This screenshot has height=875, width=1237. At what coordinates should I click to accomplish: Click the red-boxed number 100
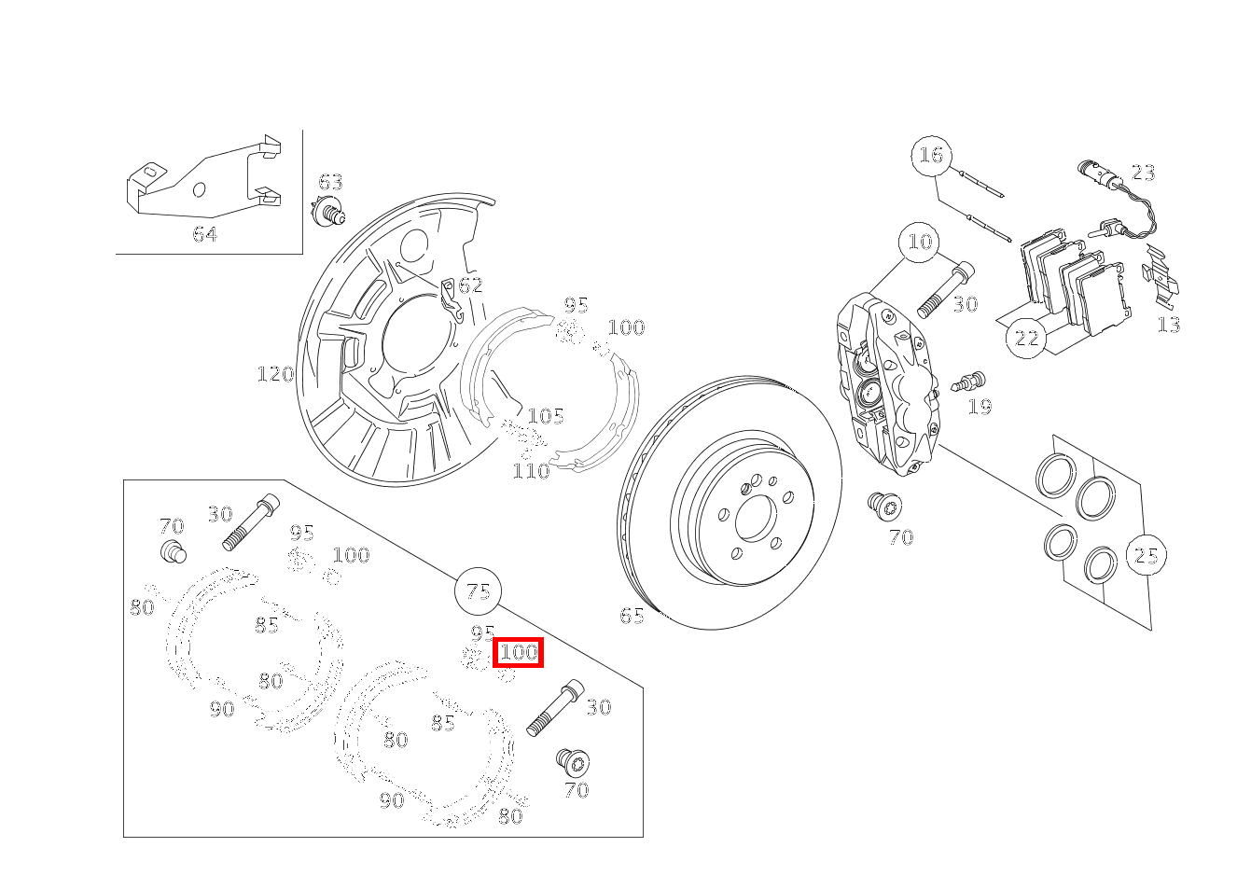tap(518, 653)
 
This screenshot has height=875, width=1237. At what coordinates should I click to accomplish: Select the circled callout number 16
tap(932, 155)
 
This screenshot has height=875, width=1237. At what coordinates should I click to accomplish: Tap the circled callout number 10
tap(920, 242)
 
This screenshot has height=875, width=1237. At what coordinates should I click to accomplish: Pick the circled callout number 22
tap(1026, 338)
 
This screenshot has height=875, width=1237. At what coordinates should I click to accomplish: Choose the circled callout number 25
tap(1146, 555)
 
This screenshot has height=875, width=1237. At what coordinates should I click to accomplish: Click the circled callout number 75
tap(479, 591)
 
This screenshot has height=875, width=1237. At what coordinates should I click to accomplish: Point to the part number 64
tap(205, 235)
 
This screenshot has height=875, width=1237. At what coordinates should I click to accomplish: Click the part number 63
tap(330, 182)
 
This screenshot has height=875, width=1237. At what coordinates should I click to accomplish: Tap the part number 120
tap(275, 375)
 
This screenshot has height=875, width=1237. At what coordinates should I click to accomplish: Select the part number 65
tap(632, 616)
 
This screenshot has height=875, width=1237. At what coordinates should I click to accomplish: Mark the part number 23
tap(1143, 173)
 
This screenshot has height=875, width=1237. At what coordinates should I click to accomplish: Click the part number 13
tap(1169, 325)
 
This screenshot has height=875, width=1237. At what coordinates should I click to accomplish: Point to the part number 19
tap(980, 407)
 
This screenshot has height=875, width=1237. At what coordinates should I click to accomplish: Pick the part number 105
tap(546, 416)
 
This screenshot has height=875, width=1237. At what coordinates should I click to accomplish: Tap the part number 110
tap(531, 471)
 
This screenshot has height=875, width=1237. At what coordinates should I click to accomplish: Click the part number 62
tap(470, 285)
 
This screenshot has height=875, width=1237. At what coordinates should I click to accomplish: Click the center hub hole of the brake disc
tap(757, 518)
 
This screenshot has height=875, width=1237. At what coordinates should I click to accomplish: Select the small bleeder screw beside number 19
tap(968, 382)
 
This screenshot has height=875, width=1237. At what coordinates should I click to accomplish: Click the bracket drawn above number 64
tap(204, 176)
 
